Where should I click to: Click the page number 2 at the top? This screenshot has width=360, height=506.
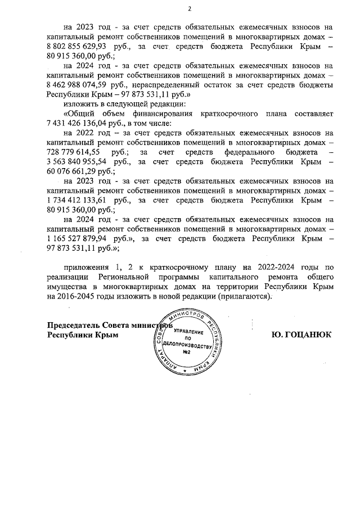(190, 8)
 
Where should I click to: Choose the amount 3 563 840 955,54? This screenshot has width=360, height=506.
(79, 162)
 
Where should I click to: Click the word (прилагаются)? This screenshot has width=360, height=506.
(245, 297)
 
